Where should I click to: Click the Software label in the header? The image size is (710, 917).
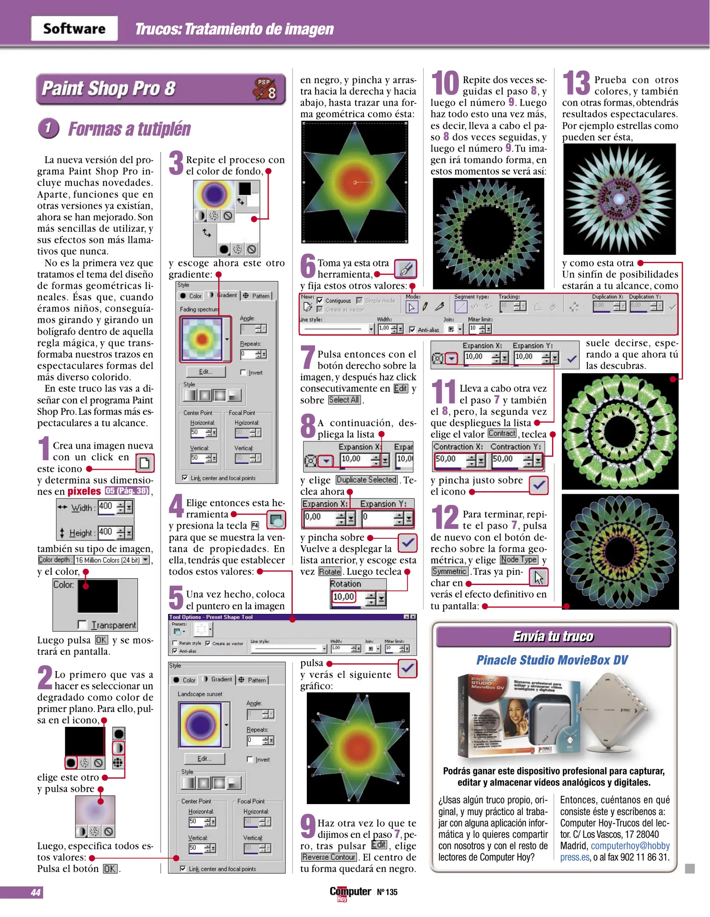point(74,28)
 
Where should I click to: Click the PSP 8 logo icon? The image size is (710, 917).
point(265,89)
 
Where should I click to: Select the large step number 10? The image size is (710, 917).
point(445,83)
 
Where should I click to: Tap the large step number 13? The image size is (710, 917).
point(576,83)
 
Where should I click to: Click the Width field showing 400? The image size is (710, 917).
point(106,506)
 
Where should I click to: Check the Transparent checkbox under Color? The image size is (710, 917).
point(82,624)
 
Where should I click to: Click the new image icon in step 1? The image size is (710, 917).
point(145,463)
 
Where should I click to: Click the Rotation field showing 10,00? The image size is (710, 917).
point(344,596)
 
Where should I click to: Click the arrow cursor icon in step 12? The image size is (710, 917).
point(539,577)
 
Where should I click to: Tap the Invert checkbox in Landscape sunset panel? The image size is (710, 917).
point(250,759)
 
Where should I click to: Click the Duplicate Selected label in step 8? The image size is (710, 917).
point(367,480)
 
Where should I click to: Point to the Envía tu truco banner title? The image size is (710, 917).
point(553,636)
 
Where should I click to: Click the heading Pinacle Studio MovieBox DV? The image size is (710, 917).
point(552,660)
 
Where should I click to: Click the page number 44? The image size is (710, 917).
point(36,892)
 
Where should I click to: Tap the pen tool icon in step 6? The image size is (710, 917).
point(405,268)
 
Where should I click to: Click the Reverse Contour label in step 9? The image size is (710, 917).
point(329,857)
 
